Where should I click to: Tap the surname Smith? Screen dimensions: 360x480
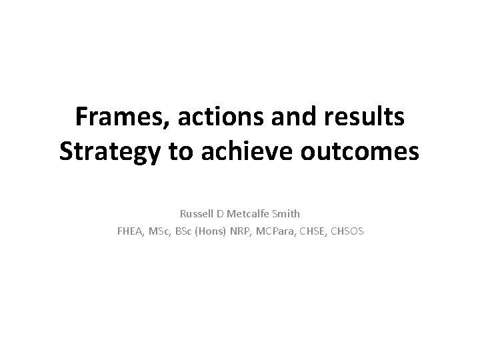[287, 214]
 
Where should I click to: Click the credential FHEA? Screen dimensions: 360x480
[131, 232]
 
